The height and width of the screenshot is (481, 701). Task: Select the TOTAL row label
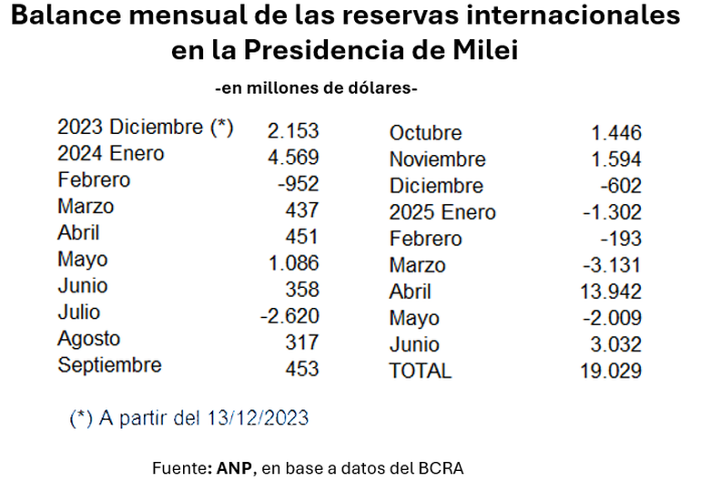(420, 371)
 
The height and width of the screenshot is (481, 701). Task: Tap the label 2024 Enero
(110, 154)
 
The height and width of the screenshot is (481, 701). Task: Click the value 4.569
(292, 154)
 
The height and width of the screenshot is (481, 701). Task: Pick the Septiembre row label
(109, 365)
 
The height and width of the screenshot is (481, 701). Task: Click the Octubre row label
(425, 133)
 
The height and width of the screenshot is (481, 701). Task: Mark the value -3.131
(615, 265)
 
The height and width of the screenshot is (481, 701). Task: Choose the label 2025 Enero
(442, 212)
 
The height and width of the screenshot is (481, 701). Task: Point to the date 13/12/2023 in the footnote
(260, 418)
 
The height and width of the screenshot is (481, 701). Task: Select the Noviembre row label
(437, 159)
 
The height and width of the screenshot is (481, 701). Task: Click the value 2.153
(292, 128)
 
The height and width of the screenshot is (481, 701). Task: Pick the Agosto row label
(88, 339)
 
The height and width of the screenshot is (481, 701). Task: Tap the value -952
(297, 180)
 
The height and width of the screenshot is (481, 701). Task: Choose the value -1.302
(615, 212)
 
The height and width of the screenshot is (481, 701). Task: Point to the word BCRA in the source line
(442, 467)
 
